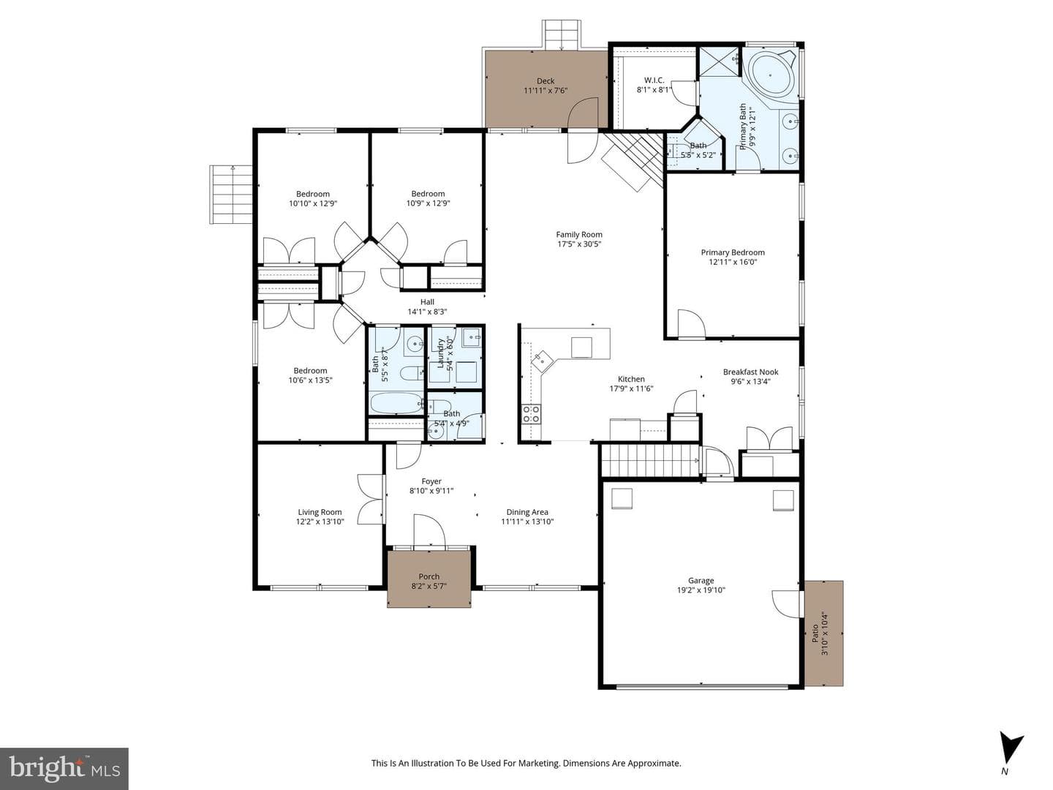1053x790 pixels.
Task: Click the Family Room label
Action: pos(578,235)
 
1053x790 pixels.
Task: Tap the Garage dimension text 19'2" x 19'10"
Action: pos(701,590)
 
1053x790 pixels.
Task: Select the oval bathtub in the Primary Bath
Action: pos(771,75)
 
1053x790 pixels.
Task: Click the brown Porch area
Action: pos(429,579)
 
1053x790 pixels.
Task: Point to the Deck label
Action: pos(546,81)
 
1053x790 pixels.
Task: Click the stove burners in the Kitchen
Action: pos(531,414)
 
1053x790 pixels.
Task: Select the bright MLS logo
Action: pos(64,768)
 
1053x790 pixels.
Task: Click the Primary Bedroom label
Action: pos(733,252)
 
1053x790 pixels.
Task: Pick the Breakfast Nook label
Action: pos(750,372)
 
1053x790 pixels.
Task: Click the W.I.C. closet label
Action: pos(654,80)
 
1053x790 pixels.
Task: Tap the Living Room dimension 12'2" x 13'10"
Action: pos(320,522)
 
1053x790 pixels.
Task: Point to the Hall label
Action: pos(427,301)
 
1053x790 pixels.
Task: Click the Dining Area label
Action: pos(527,512)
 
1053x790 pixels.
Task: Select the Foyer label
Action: pos(431,481)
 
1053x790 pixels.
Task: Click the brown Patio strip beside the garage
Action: pos(823,633)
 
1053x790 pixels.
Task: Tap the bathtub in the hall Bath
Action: pos(396,403)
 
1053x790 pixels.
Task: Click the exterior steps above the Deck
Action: pos(562,34)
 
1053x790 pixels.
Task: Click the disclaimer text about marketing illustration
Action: pos(526,763)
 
